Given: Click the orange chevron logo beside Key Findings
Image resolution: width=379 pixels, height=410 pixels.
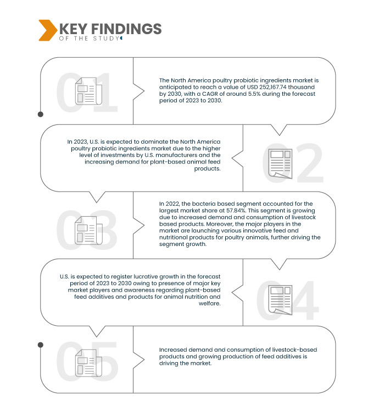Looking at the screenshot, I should coord(47,30).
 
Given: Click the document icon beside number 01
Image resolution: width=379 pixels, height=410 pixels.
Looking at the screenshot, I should coord(88,91).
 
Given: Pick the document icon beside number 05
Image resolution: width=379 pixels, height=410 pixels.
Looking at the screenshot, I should coord(88,364).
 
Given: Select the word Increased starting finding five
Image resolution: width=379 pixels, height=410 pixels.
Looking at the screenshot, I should coord(174,350).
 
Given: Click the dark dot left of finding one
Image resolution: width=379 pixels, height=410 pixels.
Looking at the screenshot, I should coord(40,114).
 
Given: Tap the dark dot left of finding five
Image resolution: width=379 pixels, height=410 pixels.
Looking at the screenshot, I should coord(40,345).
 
